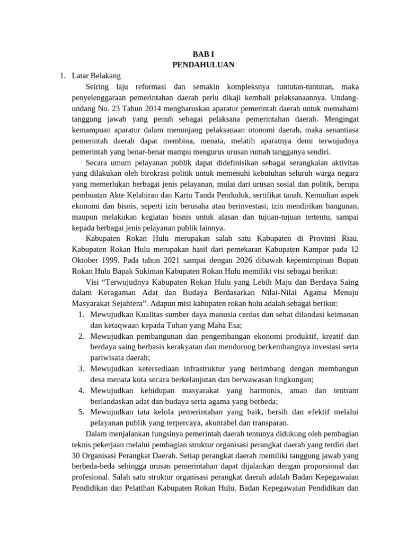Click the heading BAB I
point(203,55)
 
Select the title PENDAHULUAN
point(203,65)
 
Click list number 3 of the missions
point(82,368)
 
